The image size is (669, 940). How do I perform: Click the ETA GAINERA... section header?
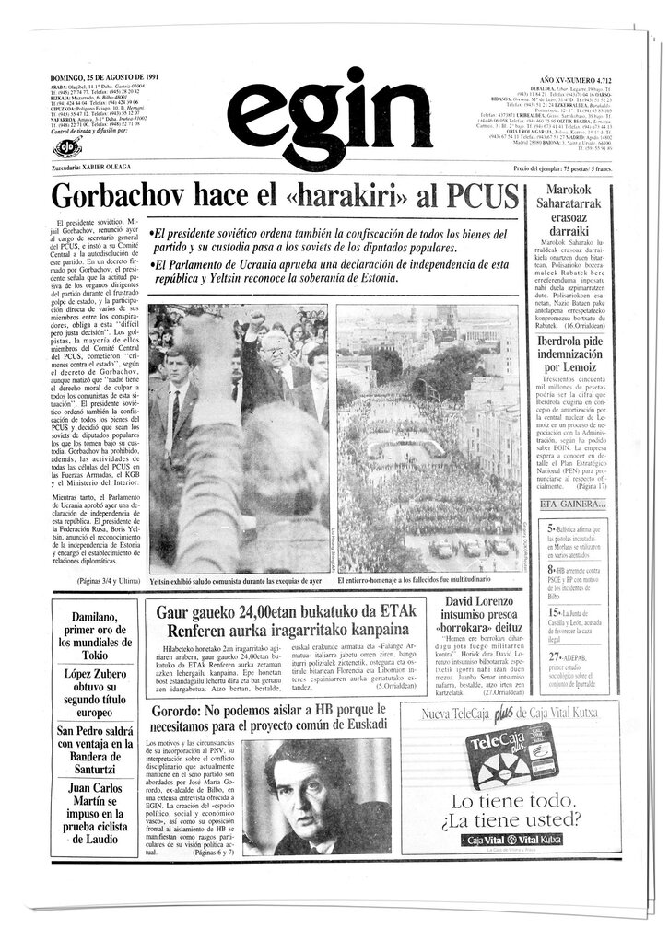click(x=573, y=505)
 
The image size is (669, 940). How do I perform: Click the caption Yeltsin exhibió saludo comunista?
click(x=236, y=582)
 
